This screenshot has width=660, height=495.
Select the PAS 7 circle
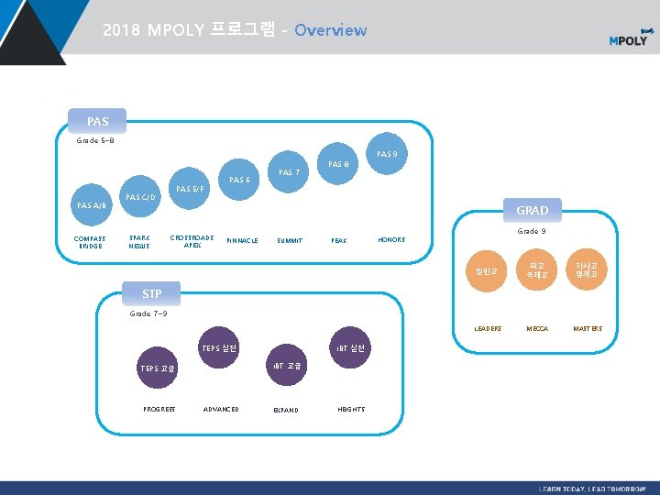[x=289, y=173]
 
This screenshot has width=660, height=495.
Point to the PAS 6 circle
[x=239, y=180]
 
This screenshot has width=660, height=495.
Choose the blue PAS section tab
[x=97, y=121]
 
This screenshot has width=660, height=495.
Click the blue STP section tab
[x=152, y=293]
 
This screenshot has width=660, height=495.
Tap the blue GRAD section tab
[x=532, y=210]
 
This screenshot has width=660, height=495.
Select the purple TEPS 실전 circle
[x=219, y=348]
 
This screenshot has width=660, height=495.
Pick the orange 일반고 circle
[x=487, y=269]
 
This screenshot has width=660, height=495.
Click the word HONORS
[x=391, y=240]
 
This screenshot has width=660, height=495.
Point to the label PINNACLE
[x=241, y=240]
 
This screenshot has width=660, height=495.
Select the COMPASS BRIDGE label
[x=91, y=242]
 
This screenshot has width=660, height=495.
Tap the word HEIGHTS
[x=350, y=409]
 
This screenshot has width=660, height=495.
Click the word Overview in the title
[x=330, y=30]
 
